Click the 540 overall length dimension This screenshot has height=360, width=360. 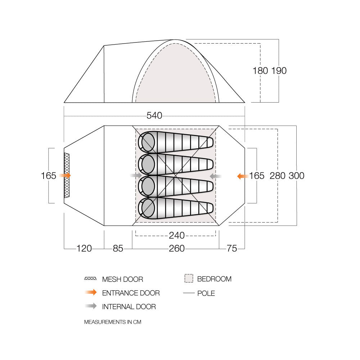coord(154,116)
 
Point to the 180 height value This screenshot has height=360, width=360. coord(260,71)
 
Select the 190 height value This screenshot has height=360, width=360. coord(279,71)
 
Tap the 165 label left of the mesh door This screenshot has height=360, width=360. coord(49,176)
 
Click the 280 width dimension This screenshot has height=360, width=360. coord(278,176)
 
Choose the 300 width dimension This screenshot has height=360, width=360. coord(296,176)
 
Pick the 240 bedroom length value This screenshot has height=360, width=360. coord(176,235)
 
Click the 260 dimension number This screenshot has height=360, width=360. coord(176,248)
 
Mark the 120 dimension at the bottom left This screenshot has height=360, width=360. coord(84,248)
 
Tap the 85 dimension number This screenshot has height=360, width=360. coord(118,248)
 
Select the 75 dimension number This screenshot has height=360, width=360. coord(232,248)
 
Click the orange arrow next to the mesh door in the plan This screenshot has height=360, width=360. coord(65,175)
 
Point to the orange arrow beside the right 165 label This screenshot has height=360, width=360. coord(243,176)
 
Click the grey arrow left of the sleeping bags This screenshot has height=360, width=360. coord(136,175)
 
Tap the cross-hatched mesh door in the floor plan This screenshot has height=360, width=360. coord(67,175)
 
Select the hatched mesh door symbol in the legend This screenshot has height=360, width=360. coord(90,279)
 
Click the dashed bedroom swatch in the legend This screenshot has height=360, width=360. coord(189,279)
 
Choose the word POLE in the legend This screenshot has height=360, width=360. coord(206,293)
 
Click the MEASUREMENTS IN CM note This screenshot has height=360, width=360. coord(112,322)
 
